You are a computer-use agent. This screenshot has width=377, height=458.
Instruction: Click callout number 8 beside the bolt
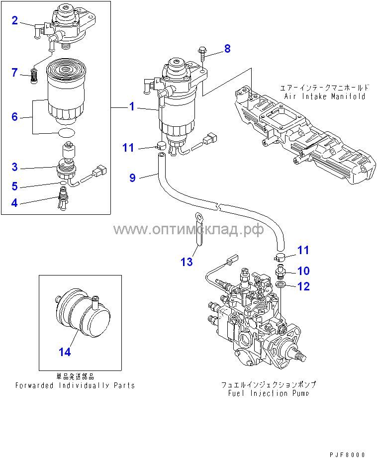227,48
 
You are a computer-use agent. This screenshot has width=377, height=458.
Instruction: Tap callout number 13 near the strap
187,262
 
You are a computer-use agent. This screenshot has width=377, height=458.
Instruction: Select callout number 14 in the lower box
65,352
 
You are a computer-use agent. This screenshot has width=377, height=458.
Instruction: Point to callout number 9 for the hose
132,178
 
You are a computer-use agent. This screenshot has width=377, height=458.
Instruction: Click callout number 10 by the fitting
303,271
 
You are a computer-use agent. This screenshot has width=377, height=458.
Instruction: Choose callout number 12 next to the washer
303,286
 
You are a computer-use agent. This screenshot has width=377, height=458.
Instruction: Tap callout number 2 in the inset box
15,20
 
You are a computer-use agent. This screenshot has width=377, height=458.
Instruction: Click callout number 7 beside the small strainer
15,73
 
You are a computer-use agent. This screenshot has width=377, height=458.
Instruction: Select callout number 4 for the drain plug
15,202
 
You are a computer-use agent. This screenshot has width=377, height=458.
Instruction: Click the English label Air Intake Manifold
325,96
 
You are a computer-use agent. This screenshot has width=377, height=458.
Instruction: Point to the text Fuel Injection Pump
269,393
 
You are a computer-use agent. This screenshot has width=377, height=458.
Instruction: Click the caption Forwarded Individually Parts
75,385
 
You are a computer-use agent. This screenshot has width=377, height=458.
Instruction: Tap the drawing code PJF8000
347,454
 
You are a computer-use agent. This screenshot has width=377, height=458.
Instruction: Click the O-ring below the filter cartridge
66,133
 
